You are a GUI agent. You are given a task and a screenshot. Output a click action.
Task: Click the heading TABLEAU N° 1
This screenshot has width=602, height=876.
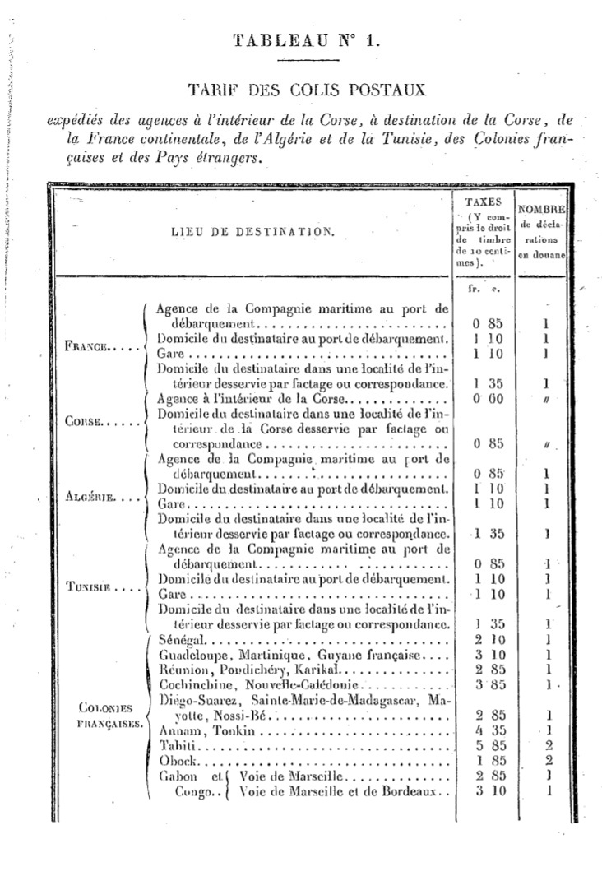click(x=307, y=40)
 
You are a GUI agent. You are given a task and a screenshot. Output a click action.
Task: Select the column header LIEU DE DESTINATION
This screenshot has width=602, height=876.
click(x=253, y=232)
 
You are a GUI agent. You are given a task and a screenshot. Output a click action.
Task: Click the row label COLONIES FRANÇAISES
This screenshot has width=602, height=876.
click(x=109, y=716)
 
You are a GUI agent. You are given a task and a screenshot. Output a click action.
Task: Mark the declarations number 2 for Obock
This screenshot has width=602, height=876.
click(x=547, y=761)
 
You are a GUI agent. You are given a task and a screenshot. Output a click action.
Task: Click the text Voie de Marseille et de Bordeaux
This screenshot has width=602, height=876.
click(x=336, y=791)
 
